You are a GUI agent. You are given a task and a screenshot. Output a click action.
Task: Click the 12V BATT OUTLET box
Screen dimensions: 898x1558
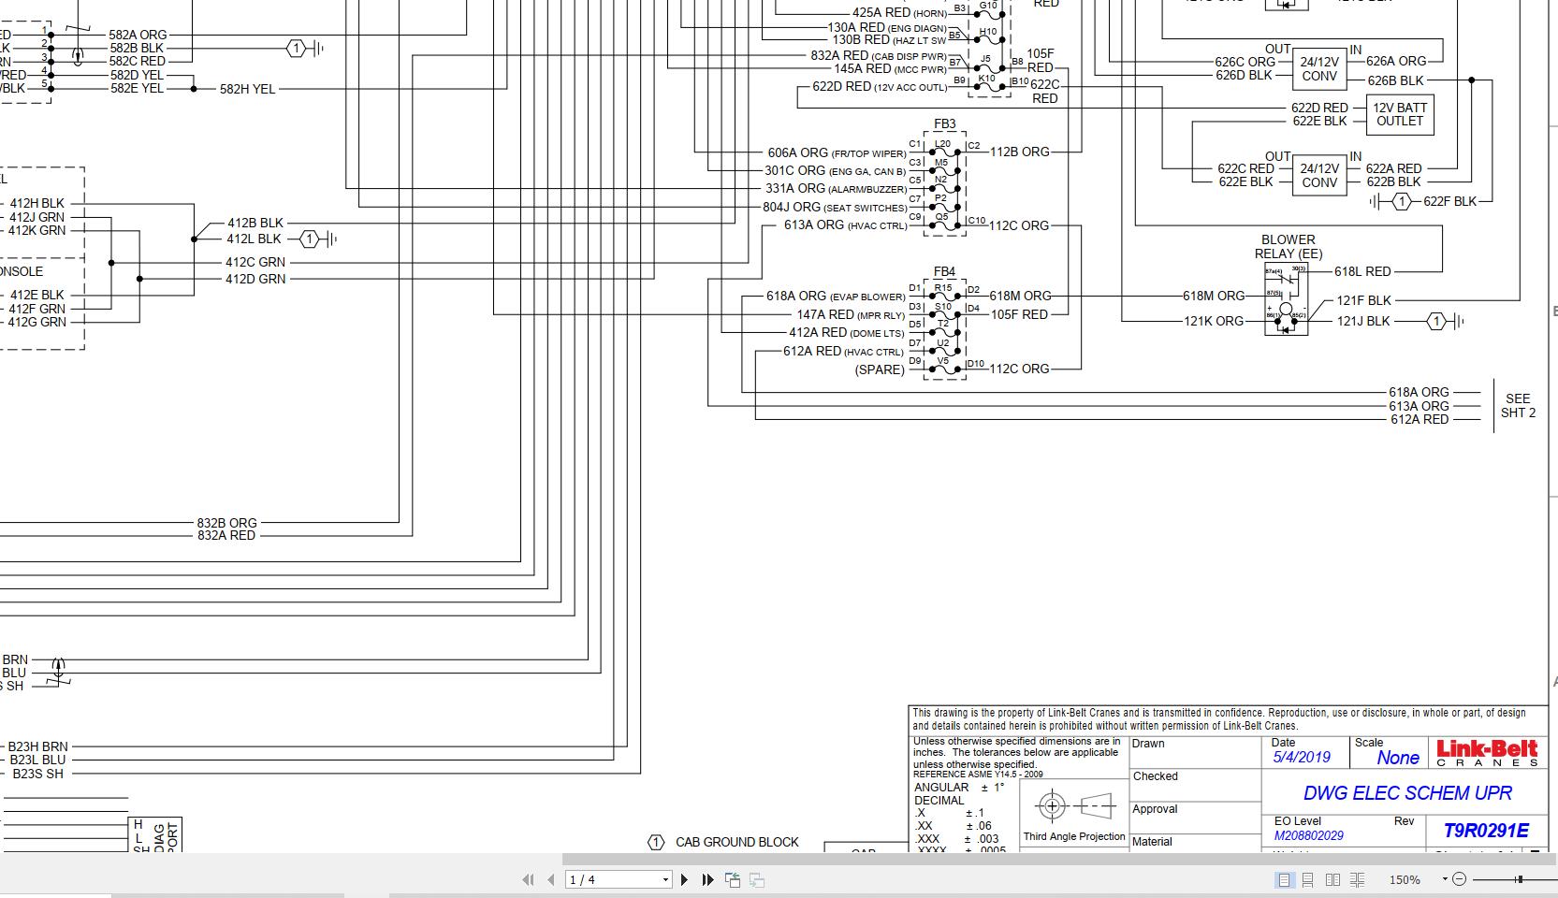click(1399, 114)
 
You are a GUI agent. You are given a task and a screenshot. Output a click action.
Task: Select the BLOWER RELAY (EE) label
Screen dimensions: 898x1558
click(1288, 247)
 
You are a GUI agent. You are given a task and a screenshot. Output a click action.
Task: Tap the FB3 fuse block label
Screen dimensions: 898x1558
click(944, 124)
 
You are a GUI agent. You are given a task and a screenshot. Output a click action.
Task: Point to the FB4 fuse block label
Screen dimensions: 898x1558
click(944, 272)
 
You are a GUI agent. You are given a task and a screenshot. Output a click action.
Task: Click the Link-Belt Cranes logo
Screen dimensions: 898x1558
click(1487, 752)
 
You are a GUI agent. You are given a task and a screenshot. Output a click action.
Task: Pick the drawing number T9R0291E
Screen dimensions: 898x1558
click(1485, 831)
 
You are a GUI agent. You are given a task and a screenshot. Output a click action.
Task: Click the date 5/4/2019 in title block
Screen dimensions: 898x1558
click(1301, 758)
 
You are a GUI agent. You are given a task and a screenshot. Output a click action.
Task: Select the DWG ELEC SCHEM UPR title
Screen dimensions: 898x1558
click(1407, 793)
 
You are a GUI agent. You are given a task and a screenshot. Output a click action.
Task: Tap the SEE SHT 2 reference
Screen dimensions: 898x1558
click(1518, 406)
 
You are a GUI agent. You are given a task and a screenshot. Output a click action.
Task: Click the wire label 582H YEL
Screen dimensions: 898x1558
click(247, 90)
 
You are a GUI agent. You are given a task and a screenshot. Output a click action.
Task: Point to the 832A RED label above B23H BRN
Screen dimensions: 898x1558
click(226, 536)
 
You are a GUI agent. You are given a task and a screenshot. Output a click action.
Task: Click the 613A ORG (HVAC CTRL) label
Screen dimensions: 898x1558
click(845, 225)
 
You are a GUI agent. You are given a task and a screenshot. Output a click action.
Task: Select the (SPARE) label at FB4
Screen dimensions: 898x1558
click(880, 369)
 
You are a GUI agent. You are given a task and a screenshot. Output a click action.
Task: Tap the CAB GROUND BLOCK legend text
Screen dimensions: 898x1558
click(736, 842)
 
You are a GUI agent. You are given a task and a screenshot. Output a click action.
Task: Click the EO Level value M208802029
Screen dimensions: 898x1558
click(1308, 835)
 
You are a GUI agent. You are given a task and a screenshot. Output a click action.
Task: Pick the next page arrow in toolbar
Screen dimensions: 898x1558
click(684, 879)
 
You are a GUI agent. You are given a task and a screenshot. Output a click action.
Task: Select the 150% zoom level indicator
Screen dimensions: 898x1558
click(1404, 880)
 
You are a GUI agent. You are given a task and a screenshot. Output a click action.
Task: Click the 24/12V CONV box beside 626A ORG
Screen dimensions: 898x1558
click(1318, 69)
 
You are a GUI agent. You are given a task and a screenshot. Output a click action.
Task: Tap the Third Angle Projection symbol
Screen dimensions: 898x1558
click(1073, 805)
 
